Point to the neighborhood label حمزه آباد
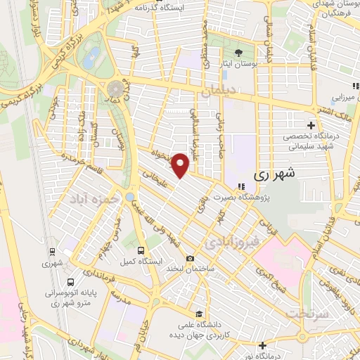(89, 200)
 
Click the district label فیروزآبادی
(232, 243)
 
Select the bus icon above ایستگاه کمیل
(141, 250)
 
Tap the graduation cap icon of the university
(200, 314)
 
